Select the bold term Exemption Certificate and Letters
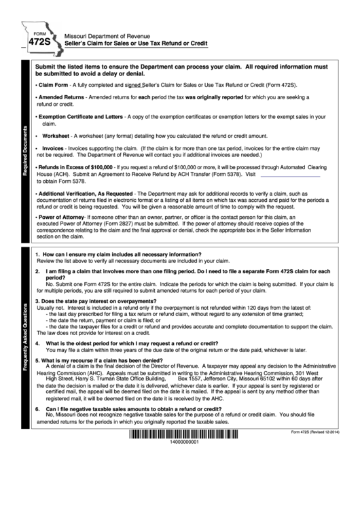pyautogui.click(x=81, y=117)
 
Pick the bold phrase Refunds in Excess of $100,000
pyautogui.click(x=75, y=166)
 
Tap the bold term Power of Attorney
pyautogui.click(x=63, y=217)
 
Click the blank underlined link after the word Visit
pyautogui.click(x=290, y=175)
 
